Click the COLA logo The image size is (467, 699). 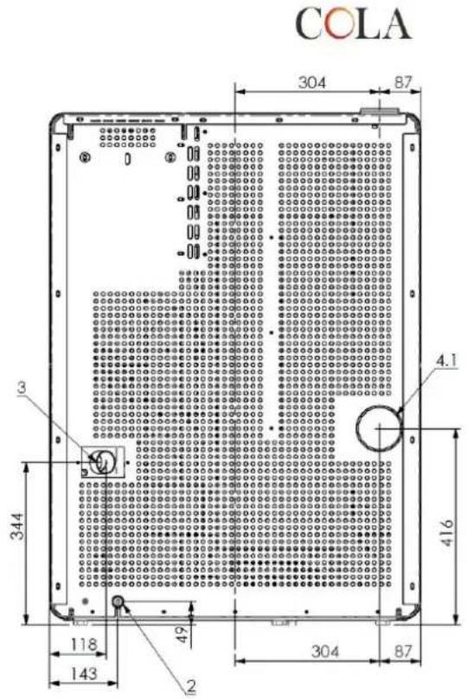(353, 23)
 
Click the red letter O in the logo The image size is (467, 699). (339, 24)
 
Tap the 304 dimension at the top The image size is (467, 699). (312, 82)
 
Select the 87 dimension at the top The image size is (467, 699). (402, 83)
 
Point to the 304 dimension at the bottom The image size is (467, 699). (325, 651)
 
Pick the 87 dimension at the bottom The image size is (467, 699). (402, 651)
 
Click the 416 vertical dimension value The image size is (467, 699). (446, 532)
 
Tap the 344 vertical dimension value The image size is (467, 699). (18, 526)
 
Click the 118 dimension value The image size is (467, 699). (84, 645)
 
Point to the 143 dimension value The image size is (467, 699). (84, 673)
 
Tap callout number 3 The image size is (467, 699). (22, 387)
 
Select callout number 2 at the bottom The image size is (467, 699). (191, 687)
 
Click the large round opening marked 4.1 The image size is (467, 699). (379, 428)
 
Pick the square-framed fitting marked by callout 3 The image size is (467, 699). (102, 462)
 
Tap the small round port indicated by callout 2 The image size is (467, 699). (118, 602)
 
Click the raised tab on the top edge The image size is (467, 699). (379, 111)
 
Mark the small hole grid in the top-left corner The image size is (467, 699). (128, 137)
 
